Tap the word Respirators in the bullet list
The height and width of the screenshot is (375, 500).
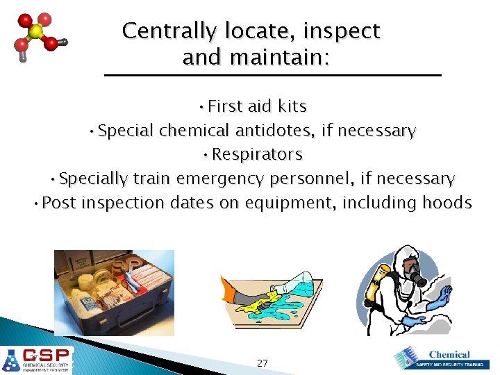pos(257,154)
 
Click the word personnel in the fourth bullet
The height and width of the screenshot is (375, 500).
pos(315,178)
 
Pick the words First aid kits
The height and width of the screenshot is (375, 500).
pos(257,106)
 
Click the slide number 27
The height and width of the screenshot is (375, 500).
pos(262,363)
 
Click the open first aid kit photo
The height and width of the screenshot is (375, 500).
pos(115,292)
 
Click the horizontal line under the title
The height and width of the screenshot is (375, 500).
pos(272,74)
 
